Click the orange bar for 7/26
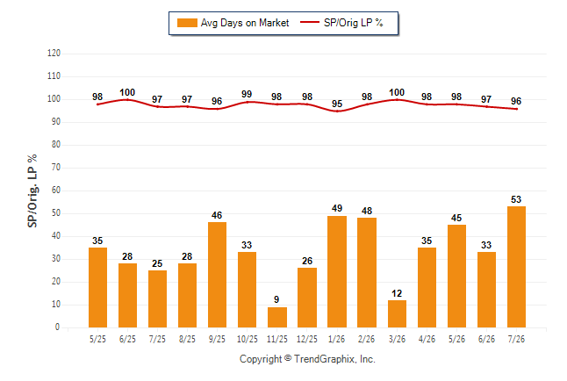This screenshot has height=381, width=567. (x=516, y=267)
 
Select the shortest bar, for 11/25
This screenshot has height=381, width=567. (x=277, y=317)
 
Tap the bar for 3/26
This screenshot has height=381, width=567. (x=397, y=313)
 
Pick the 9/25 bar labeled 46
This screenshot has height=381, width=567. (x=218, y=275)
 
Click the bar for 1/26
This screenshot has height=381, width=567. (x=337, y=272)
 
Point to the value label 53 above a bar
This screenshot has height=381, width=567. (x=516, y=199)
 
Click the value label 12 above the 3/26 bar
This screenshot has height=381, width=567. (x=397, y=293)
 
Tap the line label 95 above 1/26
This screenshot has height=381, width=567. (x=337, y=104)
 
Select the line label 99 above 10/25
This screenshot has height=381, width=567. (x=247, y=94)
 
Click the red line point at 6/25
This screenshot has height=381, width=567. (x=127, y=99)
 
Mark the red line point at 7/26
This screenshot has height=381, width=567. (x=516, y=109)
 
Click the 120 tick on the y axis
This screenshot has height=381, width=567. (x=54, y=54)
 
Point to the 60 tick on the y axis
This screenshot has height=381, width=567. (x=56, y=190)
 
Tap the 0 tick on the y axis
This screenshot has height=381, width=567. (x=58, y=327)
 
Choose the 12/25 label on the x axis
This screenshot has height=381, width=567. (x=307, y=339)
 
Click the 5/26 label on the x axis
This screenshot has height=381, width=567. (x=456, y=339)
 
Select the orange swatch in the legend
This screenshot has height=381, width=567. (x=187, y=23)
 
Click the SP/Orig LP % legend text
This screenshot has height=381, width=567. (x=354, y=23)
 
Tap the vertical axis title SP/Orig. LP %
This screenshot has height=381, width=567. (x=32, y=190)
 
